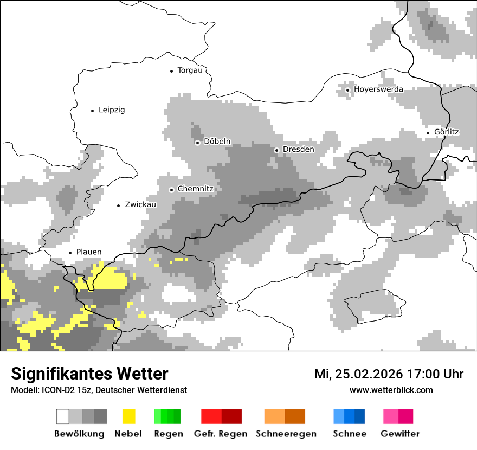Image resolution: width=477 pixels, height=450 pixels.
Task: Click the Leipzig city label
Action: [x=112, y=110]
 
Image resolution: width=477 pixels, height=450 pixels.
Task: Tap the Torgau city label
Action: [x=190, y=70]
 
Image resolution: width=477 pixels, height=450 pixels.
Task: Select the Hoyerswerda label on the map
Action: [x=378, y=89]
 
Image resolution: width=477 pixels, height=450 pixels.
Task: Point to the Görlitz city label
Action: [x=447, y=132]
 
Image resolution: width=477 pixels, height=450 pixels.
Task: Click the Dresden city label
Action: [x=298, y=150]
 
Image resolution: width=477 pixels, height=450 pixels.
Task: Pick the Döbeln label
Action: [x=217, y=142]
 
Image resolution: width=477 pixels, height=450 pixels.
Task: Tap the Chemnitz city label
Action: [x=195, y=189]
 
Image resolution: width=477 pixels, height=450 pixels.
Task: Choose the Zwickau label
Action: [x=140, y=205]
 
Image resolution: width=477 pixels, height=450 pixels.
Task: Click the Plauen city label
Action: [x=89, y=252]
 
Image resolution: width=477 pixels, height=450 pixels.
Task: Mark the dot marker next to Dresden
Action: [x=276, y=150]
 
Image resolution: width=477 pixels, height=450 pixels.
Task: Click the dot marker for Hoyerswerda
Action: [x=347, y=90]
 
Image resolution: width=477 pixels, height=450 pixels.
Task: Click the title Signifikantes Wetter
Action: [x=89, y=374]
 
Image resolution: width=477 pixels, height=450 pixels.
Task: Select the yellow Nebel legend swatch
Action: [x=128, y=416]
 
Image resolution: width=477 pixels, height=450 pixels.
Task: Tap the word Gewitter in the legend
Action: [x=400, y=434]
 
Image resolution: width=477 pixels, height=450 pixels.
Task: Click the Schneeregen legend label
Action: [x=286, y=434]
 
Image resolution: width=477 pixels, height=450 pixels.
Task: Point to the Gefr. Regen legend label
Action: [x=221, y=434]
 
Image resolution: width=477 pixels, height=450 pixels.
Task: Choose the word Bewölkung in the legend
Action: [x=79, y=434]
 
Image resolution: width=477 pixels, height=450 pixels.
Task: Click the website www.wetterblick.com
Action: [x=391, y=390]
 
